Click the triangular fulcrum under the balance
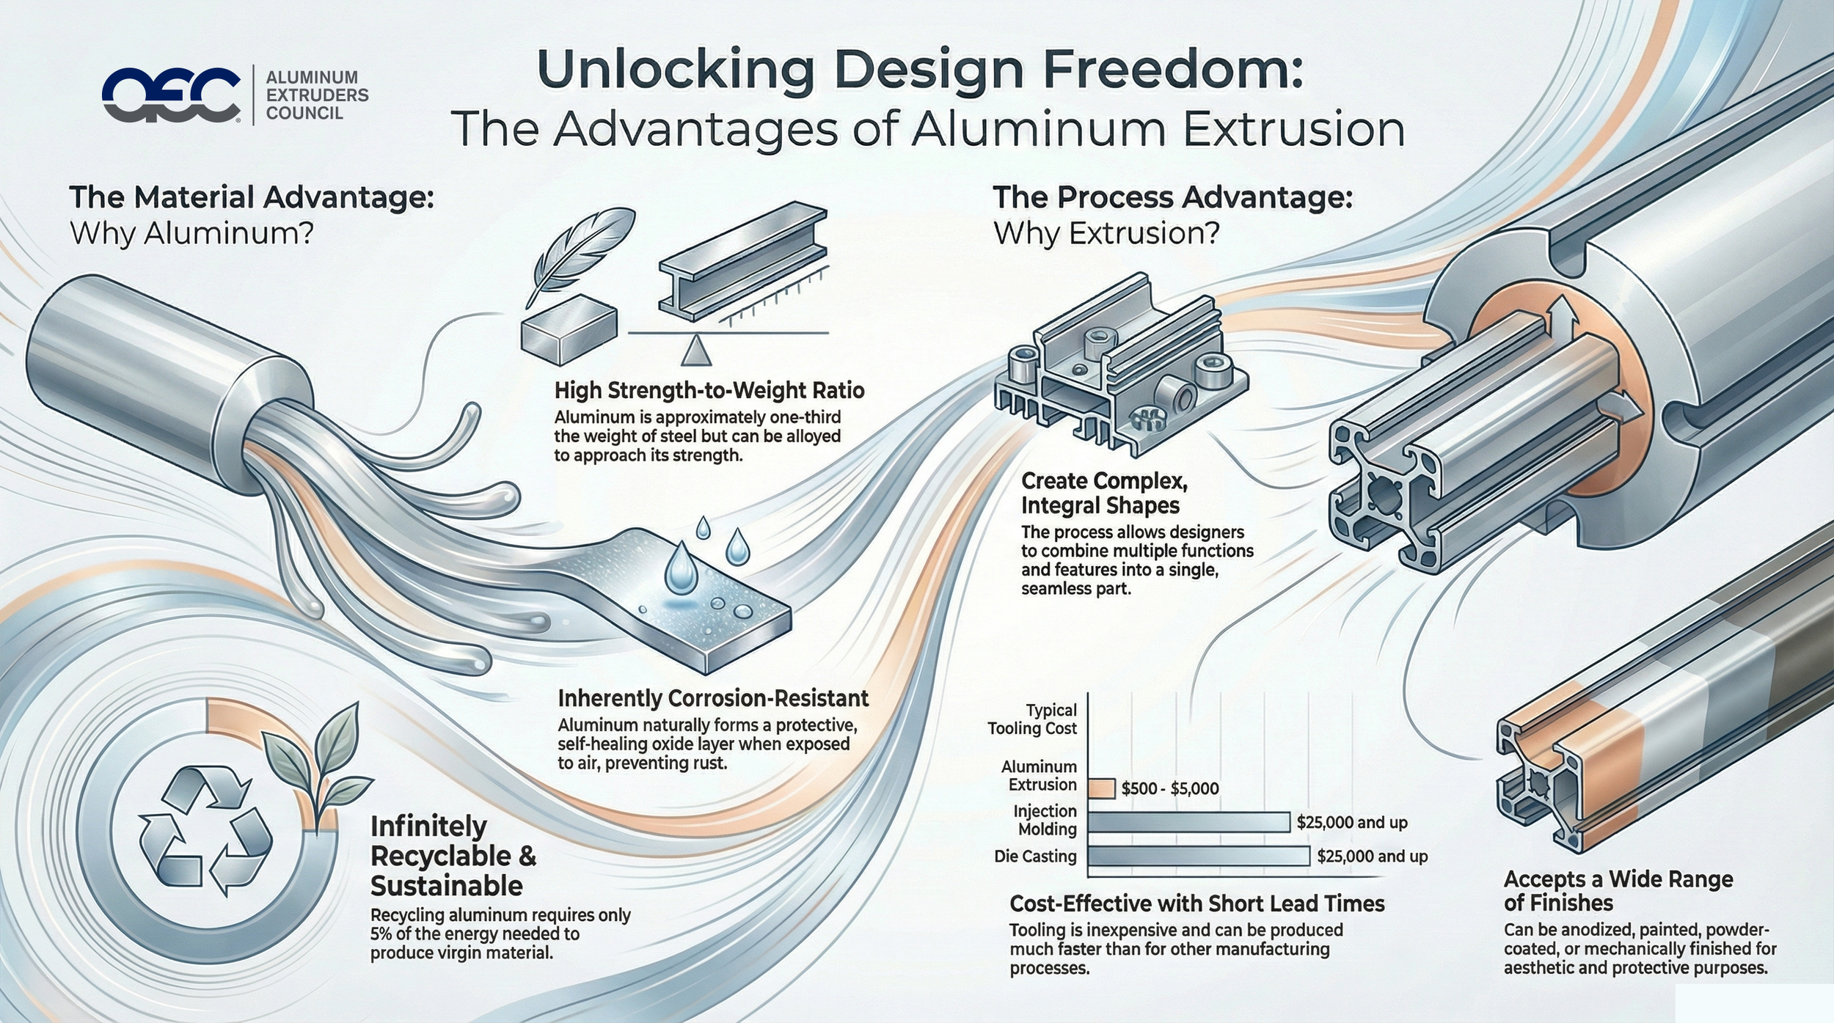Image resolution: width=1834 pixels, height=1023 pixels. click(x=695, y=351)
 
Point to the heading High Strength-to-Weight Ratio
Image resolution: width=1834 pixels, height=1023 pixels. click(x=709, y=390)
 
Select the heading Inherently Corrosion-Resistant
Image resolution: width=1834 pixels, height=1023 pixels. click(x=713, y=698)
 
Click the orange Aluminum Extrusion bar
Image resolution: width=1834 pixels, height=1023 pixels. click(x=1102, y=788)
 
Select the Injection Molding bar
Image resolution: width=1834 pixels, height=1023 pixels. click(x=1188, y=822)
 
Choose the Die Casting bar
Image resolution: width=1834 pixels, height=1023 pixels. click(x=1199, y=856)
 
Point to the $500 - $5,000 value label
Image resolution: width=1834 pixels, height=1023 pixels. click(x=1170, y=789)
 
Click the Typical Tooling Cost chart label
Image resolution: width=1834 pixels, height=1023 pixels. click(x=1033, y=719)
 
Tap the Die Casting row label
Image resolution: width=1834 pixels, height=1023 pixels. click(x=1035, y=857)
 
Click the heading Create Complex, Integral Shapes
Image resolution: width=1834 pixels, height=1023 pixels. click(x=1104, y=494)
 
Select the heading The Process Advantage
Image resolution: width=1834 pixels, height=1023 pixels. click(x=1172, y=199)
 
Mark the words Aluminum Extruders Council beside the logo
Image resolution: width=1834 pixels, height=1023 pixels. click(x=317, y=95)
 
